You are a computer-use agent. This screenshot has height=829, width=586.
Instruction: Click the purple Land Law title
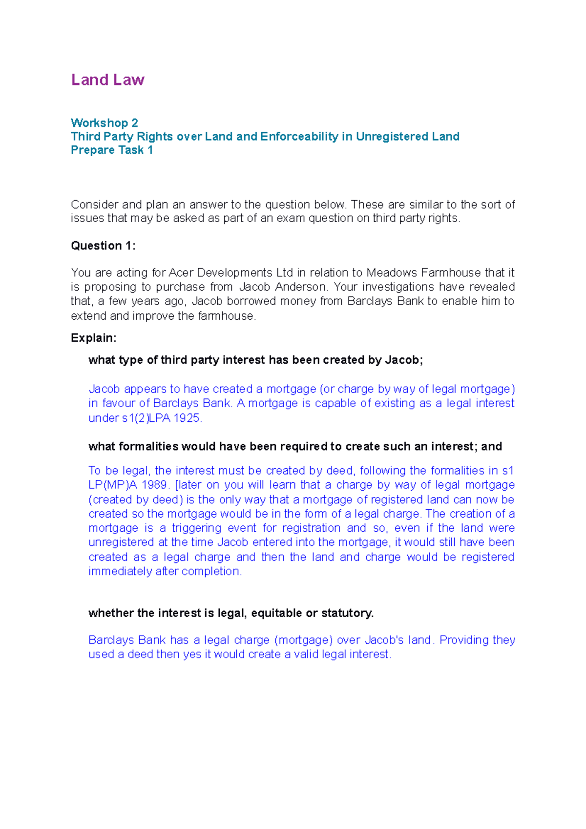[107, 80]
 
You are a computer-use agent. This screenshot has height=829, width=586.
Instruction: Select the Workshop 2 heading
[105, 123]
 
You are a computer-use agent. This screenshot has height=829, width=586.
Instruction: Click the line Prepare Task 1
[112, 150]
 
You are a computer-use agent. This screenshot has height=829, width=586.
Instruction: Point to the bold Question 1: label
[103, 246]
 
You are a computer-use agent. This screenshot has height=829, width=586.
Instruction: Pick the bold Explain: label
[94, 338]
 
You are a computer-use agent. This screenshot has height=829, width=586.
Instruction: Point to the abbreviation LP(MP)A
[113, 485]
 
